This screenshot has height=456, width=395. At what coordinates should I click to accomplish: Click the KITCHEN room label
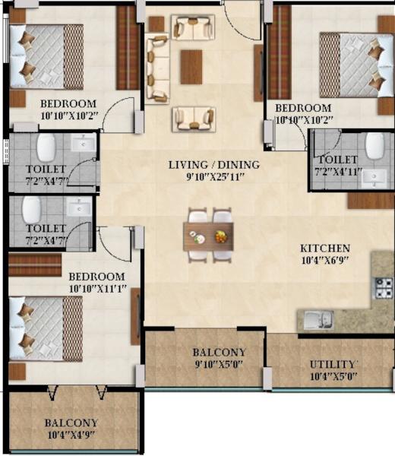[x=324, y=249]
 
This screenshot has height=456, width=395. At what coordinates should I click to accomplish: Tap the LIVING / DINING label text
[x=213, y=165]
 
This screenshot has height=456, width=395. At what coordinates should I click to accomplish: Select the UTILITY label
[x=333, y=365]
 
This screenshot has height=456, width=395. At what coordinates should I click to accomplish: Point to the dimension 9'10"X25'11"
[x=213, y=177]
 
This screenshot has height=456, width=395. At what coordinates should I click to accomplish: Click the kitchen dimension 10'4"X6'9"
[x=324, y=261]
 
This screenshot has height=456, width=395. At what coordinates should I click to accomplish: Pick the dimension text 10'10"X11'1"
[x=96, y=289]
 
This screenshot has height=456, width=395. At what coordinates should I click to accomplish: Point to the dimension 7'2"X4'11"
[x=338, y=172]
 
